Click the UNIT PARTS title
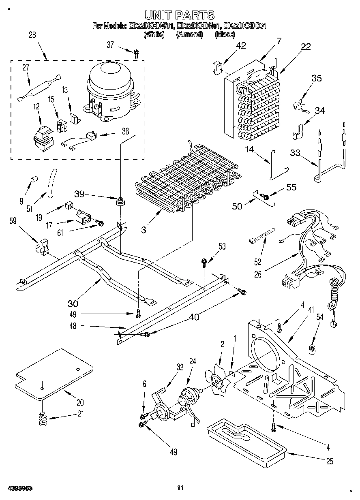pos(180,15)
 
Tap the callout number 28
pos(32,35)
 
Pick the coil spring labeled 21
pos(43,419)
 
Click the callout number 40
pos(194,318)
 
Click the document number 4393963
pos(19,487)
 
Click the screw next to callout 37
pos(136,51)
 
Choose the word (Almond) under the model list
pos(189,35)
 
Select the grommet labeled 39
pos(120,201)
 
